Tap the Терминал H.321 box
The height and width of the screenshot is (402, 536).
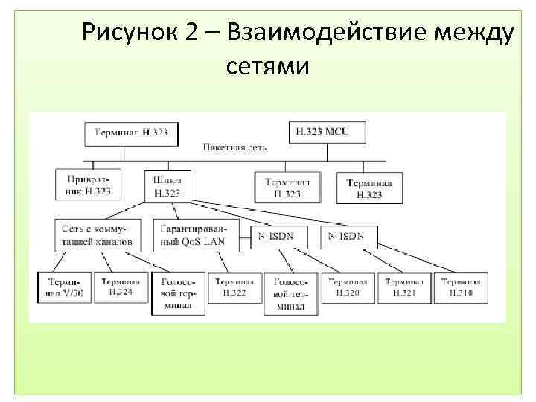404,288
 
